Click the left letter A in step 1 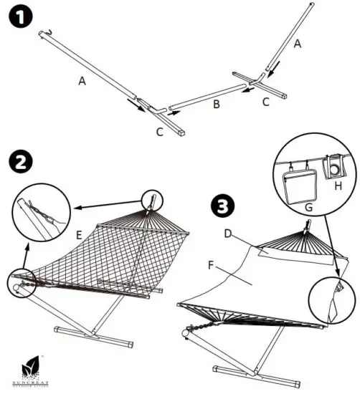(82, 82)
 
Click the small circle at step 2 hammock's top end (153, 201)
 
